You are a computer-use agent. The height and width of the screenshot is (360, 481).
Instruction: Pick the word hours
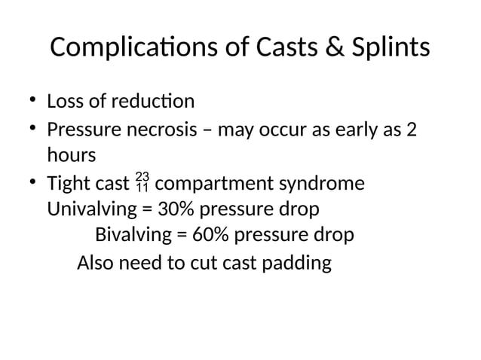point(72,156)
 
